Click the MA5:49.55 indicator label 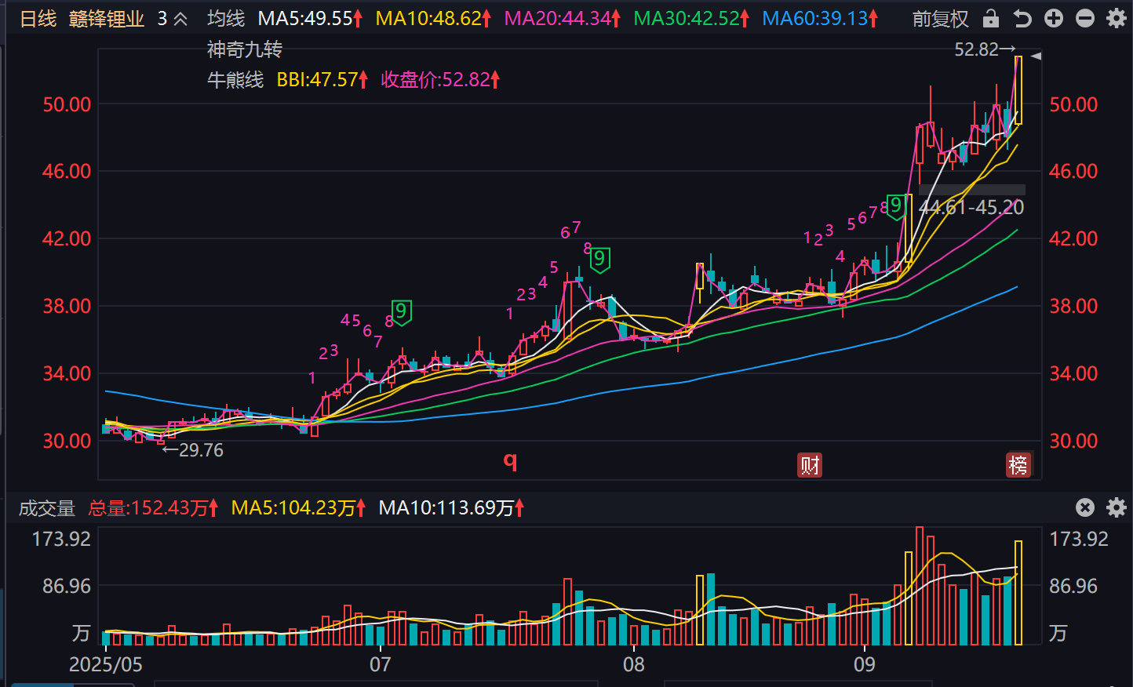click(306, 18)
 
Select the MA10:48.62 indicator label click(429, 18)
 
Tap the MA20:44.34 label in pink click(558, 18)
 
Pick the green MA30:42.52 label click(687, 18)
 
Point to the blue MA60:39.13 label click(816, 18)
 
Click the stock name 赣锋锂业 click(107, 19)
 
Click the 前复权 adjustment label click(940, 19)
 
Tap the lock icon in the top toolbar click(991, 18)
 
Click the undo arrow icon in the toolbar click(1022, 18)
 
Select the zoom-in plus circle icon click(1054, 18)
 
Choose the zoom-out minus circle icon click(1085, 18)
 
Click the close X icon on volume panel click(1084, 507)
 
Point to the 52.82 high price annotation click(977, 50)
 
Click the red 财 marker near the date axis click(810, 465)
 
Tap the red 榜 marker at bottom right click(1018, 465)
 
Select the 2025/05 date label click(106, 664)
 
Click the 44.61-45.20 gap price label click(971, 208)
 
